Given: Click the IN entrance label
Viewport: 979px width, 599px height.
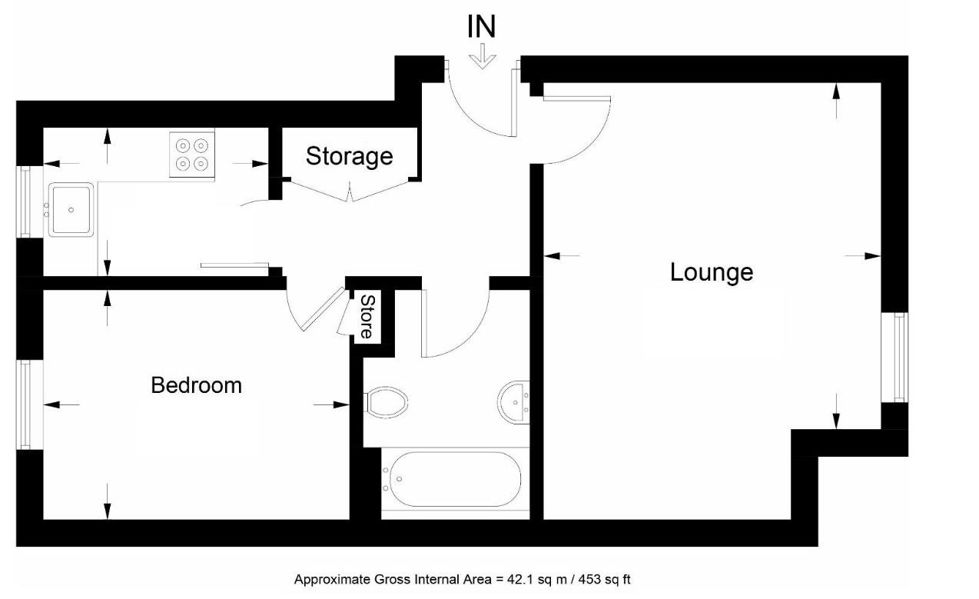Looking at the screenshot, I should (x=482, y=27).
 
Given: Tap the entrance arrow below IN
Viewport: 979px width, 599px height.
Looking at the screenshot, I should (x=483, y=57).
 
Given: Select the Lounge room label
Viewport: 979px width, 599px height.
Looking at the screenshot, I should (x=711, y=272).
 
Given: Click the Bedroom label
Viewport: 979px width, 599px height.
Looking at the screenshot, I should (x=196, y=384).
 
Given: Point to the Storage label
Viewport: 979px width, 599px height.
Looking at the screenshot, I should (x=349, y=156).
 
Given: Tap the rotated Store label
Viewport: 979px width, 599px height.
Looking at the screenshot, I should (x=367, y=317).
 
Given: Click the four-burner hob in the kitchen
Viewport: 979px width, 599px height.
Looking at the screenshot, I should (x=191, y=154).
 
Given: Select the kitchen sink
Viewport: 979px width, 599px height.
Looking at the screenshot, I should (x=71, y=209).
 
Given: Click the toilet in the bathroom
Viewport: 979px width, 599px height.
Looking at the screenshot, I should (x=387, y=402).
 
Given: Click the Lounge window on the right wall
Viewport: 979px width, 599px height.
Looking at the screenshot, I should (x=895, y=357).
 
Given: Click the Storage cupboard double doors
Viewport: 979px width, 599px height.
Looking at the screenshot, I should (x=350, y=191).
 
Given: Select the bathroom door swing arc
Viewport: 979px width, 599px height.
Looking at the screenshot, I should (x=457, y=323).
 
